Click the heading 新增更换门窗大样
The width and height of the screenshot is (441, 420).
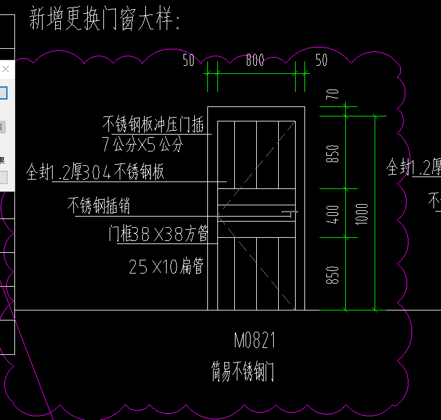pyautogui.click(x=105, y=20)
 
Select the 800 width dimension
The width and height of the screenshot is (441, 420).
pyautogui.click(x=255, y=60)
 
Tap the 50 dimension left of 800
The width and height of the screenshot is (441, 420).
pyautogui.click(x=188, y=60)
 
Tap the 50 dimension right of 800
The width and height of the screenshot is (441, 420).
pyautogui.click(x=321, y=60)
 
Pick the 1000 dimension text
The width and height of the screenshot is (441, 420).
pyautogui.click(x=363, y=214)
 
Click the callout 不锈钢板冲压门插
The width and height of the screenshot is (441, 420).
pyautogui.click(x=153, y=124)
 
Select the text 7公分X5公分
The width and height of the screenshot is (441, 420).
pyautogui.click(x=143, y=145)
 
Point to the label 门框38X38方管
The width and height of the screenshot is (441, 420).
pyautogui.click(x=158, y=234)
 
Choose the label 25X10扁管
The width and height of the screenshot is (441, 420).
pyautogui.click(x=167, y=267)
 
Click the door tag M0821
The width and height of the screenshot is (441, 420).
pyautogui.click(x=255, y=341)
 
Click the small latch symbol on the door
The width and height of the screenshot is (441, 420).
pyautogui.click(x=289, y=213)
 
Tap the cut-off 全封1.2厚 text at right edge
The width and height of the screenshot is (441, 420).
pyautogui.click(x=413, y=167)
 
